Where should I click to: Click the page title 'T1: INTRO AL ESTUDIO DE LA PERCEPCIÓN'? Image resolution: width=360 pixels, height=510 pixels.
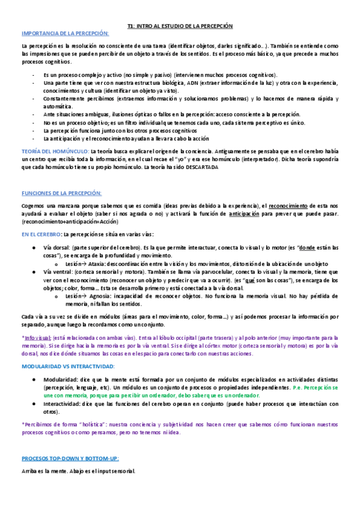click(180, 26)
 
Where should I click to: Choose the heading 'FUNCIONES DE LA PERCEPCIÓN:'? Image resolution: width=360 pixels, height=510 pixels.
click(61, 193)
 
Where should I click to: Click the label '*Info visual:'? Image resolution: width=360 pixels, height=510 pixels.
click(36, 337)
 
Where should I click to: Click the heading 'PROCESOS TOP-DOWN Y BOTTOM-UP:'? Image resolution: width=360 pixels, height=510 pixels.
click(67, 458)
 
